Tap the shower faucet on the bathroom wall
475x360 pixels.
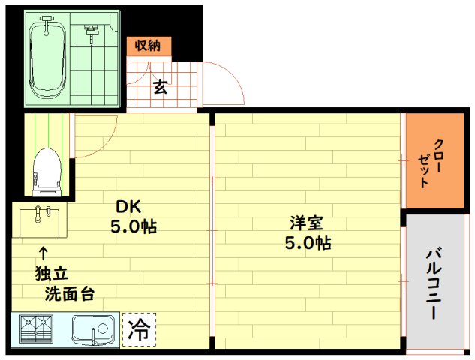pyautogui.click(x=92, y=31)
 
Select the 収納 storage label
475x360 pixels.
pyautogui.click(x=148, y=46)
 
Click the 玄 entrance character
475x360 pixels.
pyautogui.click(x=160, y=87)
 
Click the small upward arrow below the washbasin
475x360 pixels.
pyautogui.click(x=43, y=253)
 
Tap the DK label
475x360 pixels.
pyautogui.click(x=128, y=206)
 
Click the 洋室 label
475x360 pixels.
pyautogui.click(x=307, y=223)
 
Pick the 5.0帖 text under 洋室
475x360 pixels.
pyautogui.click(x=308, y=242)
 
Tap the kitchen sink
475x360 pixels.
pyautogui.click(x=92, y=329)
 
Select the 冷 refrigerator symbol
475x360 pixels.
pyautogui.click(x=139, y=329)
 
